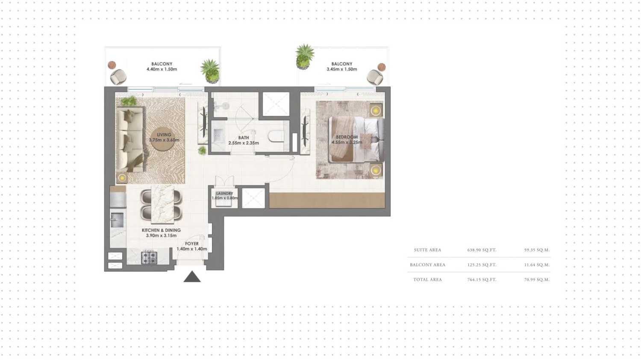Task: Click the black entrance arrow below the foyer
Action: [x=192, y=277]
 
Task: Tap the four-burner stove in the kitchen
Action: [x=149, y=257]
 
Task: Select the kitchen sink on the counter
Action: [x=117, y=220]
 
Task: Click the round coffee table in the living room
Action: [x=163, y=139]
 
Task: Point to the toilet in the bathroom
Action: [x=276, y=136]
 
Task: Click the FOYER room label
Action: [x=192, y=244]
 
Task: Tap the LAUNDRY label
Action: [x=225, y=193]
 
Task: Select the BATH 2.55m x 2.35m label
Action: [x=244, y=140]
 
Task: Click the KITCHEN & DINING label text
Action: [x=161, y=230]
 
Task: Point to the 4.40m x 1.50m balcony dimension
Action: [x=162, y=69]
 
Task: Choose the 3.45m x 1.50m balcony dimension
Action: [x=342, y=69]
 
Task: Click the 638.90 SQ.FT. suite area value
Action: [x=482, y=250]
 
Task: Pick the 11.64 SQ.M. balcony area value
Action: [x=537, y=265]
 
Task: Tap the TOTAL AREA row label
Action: [x=427, y=280]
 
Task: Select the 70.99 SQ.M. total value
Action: [x=537, y=280]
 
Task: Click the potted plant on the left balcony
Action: [x=210, y=71]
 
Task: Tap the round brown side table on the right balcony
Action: [x=382, y=67]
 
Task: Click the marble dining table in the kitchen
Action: [x=162, y=204]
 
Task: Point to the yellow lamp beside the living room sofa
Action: [x=122, y=178]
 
